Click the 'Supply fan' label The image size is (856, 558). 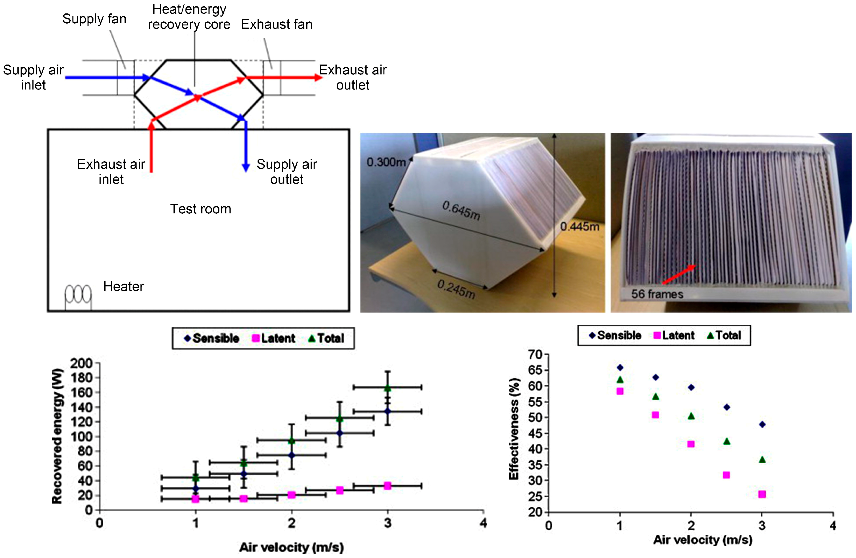pos(94,19)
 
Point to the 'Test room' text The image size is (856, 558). pos(200,209)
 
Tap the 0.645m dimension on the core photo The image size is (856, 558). pos(461,211)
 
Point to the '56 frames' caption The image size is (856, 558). pos(657,294)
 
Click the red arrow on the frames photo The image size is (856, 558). pos(679,274)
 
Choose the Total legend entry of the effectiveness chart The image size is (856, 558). pos(724,335)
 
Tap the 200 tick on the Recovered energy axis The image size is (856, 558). pos(81,363)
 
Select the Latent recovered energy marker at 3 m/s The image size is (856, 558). pos(387,486)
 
